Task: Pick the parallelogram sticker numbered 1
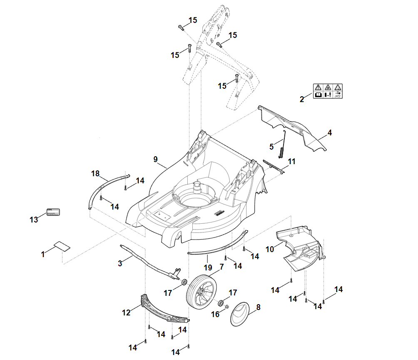tap(62, 245)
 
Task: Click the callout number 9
tap(155, 159)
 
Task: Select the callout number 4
tap(329, 133)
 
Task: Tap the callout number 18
tap(95, 173)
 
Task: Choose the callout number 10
tap(269, 249)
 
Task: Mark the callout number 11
tap(291, 161)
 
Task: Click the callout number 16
tap(215, 314)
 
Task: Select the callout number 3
tap(120, 263)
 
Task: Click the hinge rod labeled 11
tap(273, 165)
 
